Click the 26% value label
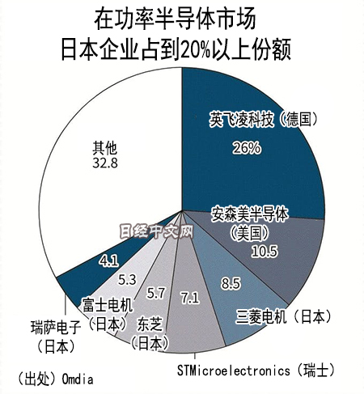247,148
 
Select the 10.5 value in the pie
265,252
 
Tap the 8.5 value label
231,283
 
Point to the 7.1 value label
190,298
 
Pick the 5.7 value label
155,293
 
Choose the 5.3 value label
127,280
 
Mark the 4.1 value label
108,261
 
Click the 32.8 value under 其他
105,163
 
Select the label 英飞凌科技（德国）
263,120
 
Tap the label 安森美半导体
250,214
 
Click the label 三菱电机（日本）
284,316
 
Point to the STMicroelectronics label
234,371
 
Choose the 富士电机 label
108,305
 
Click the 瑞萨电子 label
56,327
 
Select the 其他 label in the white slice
105,148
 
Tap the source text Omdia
78,379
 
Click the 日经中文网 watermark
156,232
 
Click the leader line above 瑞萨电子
66,305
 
